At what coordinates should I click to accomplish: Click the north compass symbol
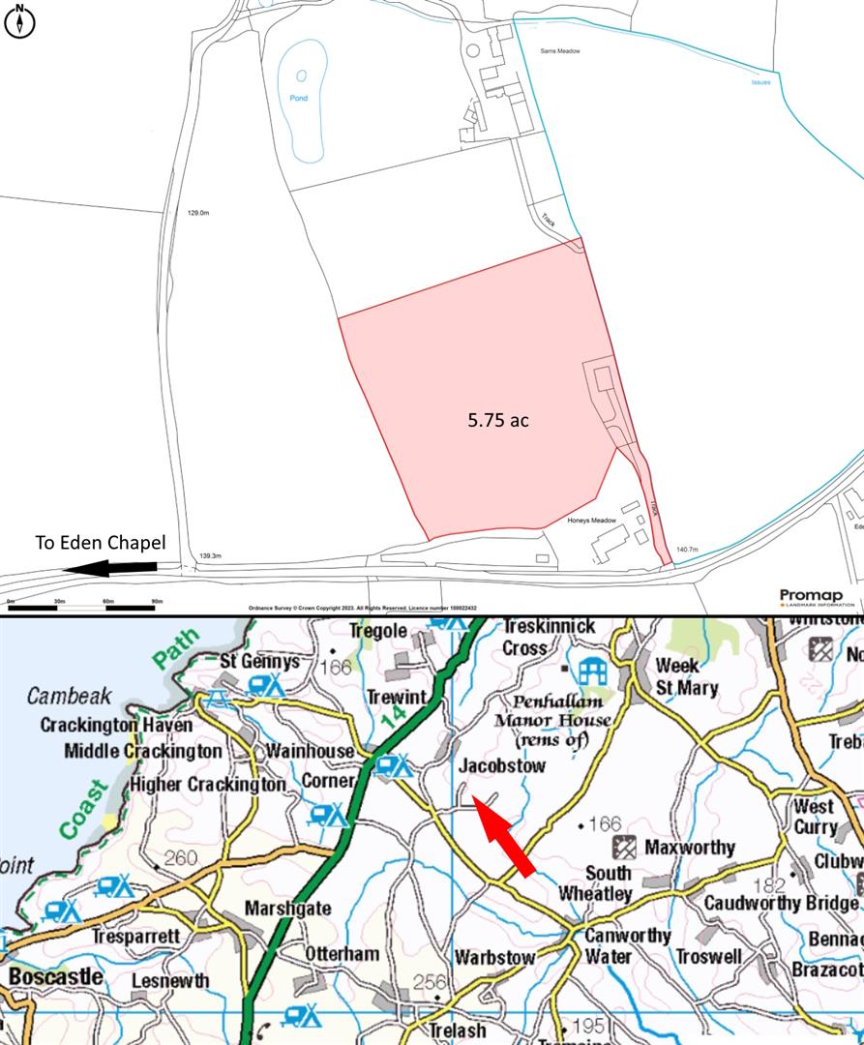tap(19, 21)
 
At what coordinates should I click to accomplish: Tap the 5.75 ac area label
tap(498, 420)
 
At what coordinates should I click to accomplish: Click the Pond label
tap(299, 98)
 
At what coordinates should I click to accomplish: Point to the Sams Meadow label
tap(561, 51)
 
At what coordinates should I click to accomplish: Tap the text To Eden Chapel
tap(101, 543)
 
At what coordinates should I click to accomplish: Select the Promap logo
tap(810, 596)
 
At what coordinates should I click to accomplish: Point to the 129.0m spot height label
tap(199, 213)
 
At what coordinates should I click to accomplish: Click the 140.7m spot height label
tap(687, 550)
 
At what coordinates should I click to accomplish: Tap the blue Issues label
tap(761, 82)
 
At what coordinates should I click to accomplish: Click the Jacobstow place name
tap(502, 765)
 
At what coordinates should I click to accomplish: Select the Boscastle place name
tap(56, 975)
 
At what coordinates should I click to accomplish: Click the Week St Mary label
tap(687, 676)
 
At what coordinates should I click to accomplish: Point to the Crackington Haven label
tap(116, 725)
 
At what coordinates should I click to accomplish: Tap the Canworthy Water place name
tap(627, 945)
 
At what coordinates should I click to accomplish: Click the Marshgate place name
tap(287, 909)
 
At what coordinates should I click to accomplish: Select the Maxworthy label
tap(689, 848)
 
